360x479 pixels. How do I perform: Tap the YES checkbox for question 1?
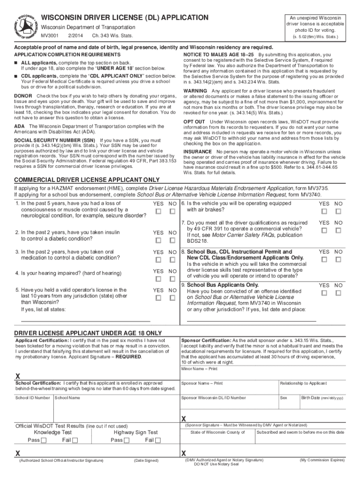pyautogui.click(x=158, y=212)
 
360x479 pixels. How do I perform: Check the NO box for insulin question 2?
pyautogui.click(x=173, y=240)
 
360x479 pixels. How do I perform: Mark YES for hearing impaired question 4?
pyautogui.click(x=158, y=279)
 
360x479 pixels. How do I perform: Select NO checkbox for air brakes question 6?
pyautogui.click(x=338, y=212)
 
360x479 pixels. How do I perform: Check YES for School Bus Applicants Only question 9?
pyautogui.click(x=324, y=293)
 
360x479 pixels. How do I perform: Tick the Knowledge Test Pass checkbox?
pyautogui.click(x=43, y=440)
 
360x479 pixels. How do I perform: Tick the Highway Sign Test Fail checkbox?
pyautogui.click(x=158, y=440)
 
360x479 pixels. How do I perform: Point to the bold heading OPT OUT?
pyautogui.click(x=195, y=122)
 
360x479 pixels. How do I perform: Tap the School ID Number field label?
pyautogui.click(x=33, y=398)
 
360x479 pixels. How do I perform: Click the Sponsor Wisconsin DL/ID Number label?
pyautogui.click(x=214, y=398)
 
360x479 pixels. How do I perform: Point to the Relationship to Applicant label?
pyautogui.click(x=303, y=384)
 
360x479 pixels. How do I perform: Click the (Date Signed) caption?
pyautogui.click(x=146, y=461)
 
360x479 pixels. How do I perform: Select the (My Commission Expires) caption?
pyautogui.click(x=322, y=460)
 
